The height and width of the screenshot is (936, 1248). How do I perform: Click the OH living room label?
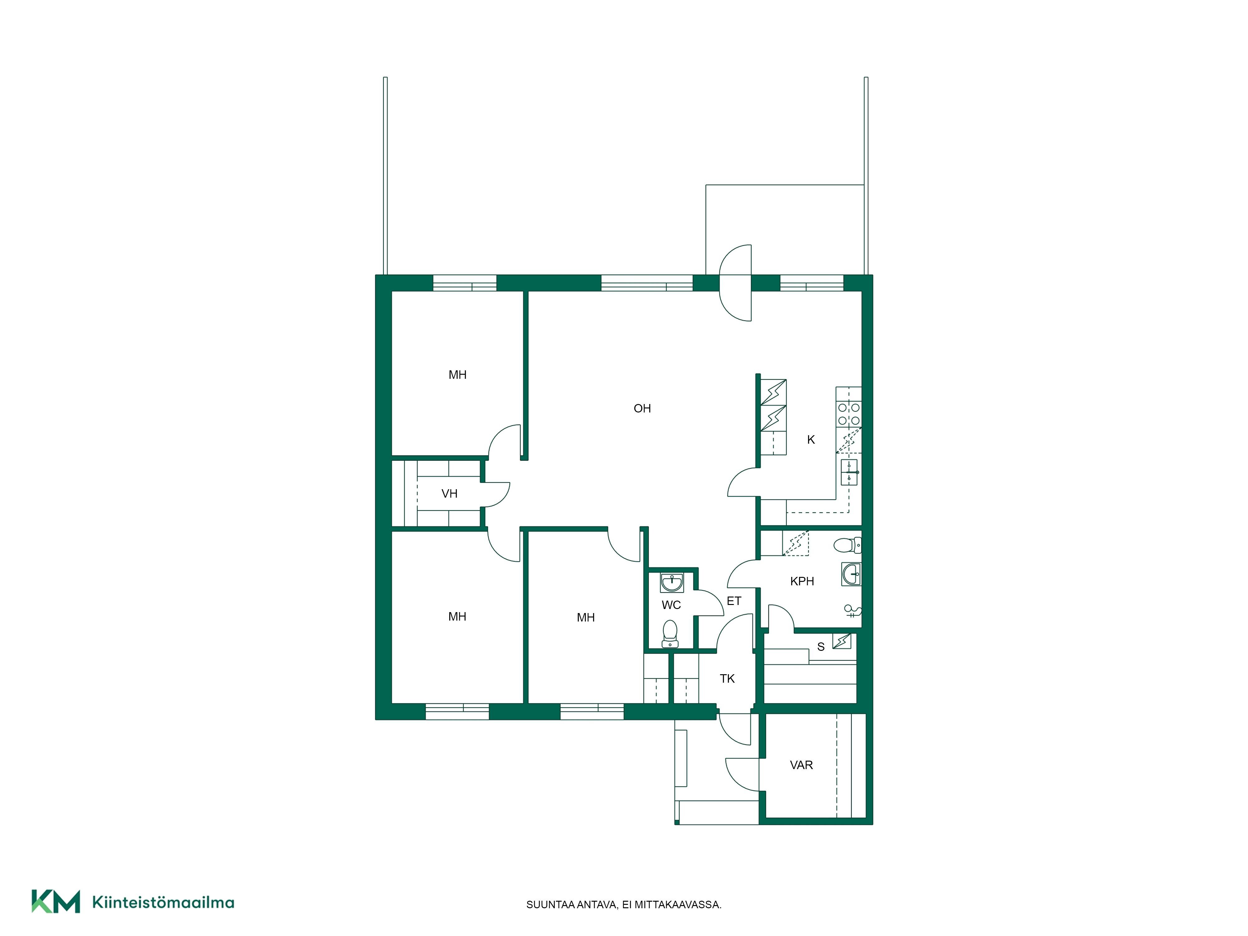[x=642, y=408]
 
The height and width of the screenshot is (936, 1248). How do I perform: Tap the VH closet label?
[x=449, y=494]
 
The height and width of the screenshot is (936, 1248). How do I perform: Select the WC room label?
[x=671, y=605]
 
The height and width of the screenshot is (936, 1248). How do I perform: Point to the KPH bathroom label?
[x=802, y=581]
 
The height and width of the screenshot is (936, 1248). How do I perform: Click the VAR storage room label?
[x=801, y=765]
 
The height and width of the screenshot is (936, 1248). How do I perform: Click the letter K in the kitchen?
[x=811, y=440]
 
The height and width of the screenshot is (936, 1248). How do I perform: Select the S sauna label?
[x=821, y=647]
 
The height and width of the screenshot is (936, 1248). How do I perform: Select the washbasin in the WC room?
[x=671, y=582]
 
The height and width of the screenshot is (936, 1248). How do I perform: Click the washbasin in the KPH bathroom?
[x=851, y=574]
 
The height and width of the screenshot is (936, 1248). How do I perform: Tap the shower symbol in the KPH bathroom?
[x=852, y=611]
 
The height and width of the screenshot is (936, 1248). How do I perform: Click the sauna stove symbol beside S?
[x=842, y=641]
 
